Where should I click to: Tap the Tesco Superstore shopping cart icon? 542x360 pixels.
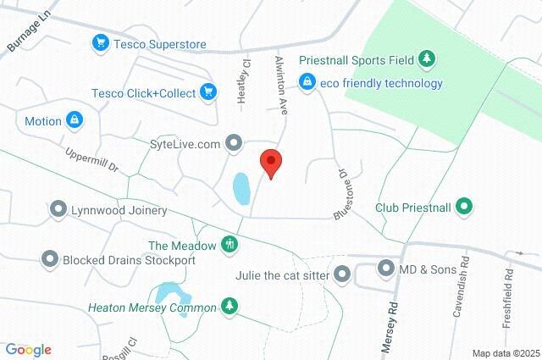pos(101,42)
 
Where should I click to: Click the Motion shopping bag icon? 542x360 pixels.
pos(75,120)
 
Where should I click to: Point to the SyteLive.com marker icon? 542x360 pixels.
pos(234,143)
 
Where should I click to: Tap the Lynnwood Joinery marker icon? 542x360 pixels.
pos(58,208)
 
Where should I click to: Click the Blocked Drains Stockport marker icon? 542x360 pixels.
pos(50,259)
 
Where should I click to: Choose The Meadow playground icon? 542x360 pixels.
pos(229,245)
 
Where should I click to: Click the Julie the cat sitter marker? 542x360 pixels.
pos(342,273)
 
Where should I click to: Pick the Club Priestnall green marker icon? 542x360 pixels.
pos(463,206)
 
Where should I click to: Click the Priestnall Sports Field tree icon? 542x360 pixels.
pos(428,58)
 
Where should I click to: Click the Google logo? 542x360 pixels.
pos(28,349)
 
